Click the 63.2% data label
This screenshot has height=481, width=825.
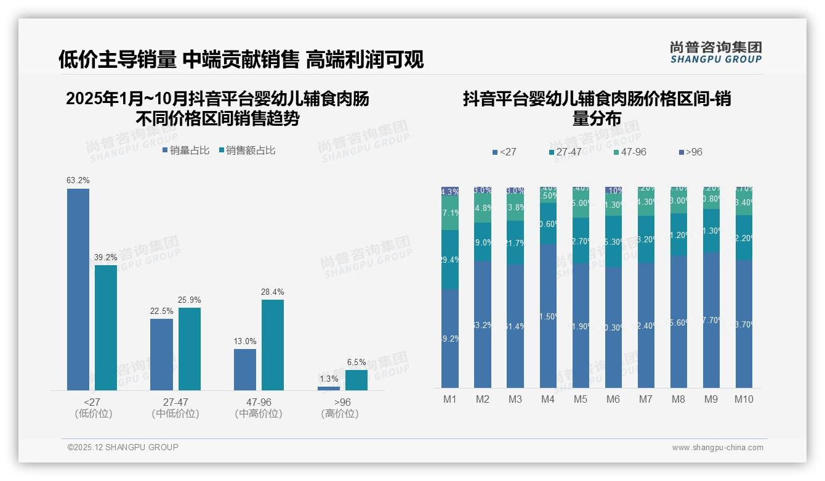click(x=78, y=180)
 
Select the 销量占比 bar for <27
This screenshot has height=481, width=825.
click(x=78, y=289)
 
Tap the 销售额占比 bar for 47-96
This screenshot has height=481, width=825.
click(x=273, y=345)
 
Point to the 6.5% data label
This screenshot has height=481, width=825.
click(x=356, y=362)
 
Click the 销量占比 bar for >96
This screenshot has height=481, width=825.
click(x=329, y=388)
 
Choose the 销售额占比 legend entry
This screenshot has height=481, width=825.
click(x=247, y=150)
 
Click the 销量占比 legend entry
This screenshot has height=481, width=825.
click(x=186, y=150)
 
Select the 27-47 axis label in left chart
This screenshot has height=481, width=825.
click(x=175, y=402)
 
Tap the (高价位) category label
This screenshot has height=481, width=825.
click(x=339, y=414)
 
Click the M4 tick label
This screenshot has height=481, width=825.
click(x=548, y=399)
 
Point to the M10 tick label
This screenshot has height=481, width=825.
click(x=744, y=399)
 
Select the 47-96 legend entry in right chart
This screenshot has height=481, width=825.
click(x=629, y=152)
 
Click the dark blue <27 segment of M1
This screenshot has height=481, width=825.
click(x=450, y=339)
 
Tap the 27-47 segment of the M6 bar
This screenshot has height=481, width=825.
click(x=613, y=241)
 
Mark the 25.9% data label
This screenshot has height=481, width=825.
click(x=190, y=300)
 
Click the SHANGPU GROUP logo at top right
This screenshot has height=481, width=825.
click(x=716, y=52)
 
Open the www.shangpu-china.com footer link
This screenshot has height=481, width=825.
click(x=717, y=448)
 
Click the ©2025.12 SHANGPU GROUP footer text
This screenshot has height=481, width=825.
click(x=123, y=447)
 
